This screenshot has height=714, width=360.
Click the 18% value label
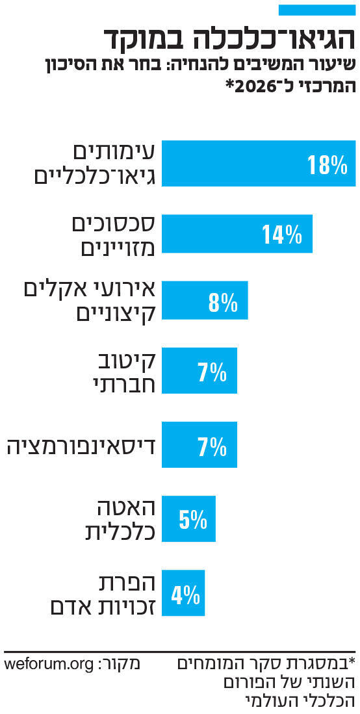[x=328, y=165]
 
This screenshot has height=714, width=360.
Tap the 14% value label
[x=282, y=234]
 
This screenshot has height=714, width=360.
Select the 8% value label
[x=223, y=302]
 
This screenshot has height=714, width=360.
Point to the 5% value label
[x=193, y=519]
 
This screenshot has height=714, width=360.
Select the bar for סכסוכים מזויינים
[x=237, y=233]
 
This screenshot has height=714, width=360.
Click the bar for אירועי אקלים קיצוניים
[x=204, y=301]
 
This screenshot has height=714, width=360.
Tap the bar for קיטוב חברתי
[x=199, y=371]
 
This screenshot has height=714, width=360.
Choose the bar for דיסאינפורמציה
[x=199, y=446]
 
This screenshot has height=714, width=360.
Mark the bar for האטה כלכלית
[x=188, y=518]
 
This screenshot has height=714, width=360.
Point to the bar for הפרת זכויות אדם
[x=183, y=593]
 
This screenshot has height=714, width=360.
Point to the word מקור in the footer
[x=122, y=665]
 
